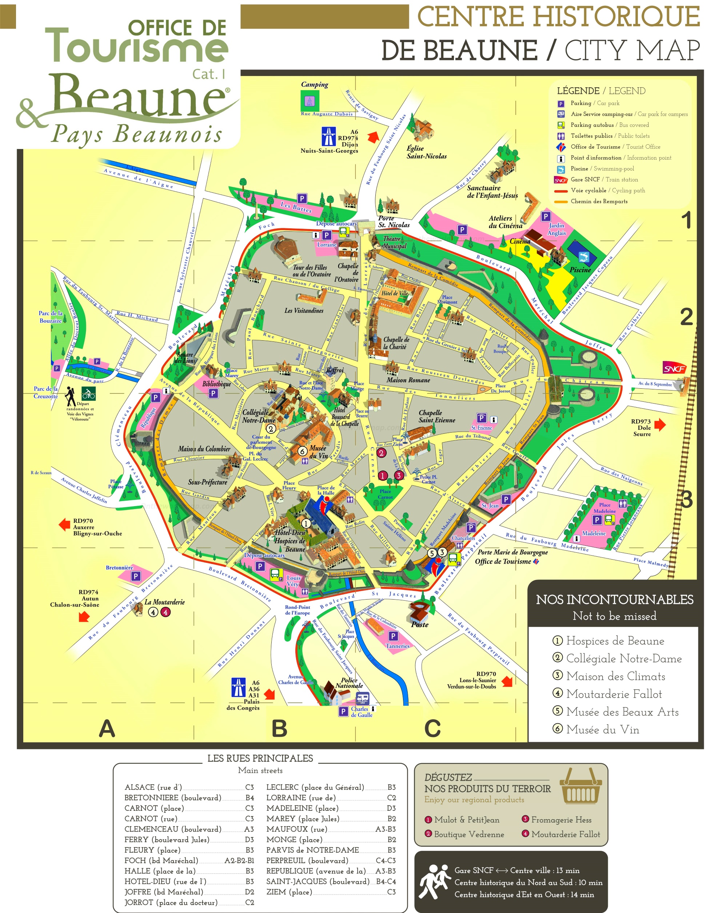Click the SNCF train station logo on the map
click(674, 368)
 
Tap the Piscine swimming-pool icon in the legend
click(561, 169)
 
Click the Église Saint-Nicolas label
click(426, 152)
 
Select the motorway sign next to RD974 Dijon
click(328, 137)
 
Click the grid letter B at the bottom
click(279, 728)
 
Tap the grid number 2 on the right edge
click(686, 317)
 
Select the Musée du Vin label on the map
click(318, 452)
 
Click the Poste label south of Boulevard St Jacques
click(420, 624)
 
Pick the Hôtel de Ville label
click(395, 293)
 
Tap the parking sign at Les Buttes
click(302, 198)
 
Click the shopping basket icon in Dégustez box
click(581, 787)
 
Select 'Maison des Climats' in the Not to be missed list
click(615, 676)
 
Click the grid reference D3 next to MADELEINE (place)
click(391, 808)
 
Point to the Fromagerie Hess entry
click(561, 820)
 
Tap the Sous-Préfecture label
click(208, 482)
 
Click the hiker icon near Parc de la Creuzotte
click(70, 396)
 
